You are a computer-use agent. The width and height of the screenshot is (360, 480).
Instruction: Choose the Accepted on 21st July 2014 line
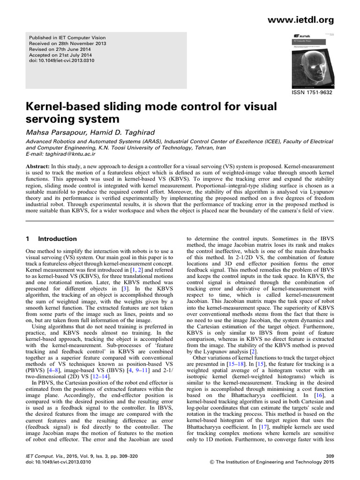point(60,55)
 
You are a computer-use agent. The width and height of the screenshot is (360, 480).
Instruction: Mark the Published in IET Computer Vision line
point(67,38)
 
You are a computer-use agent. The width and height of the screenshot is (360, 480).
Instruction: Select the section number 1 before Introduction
point(27,239)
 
